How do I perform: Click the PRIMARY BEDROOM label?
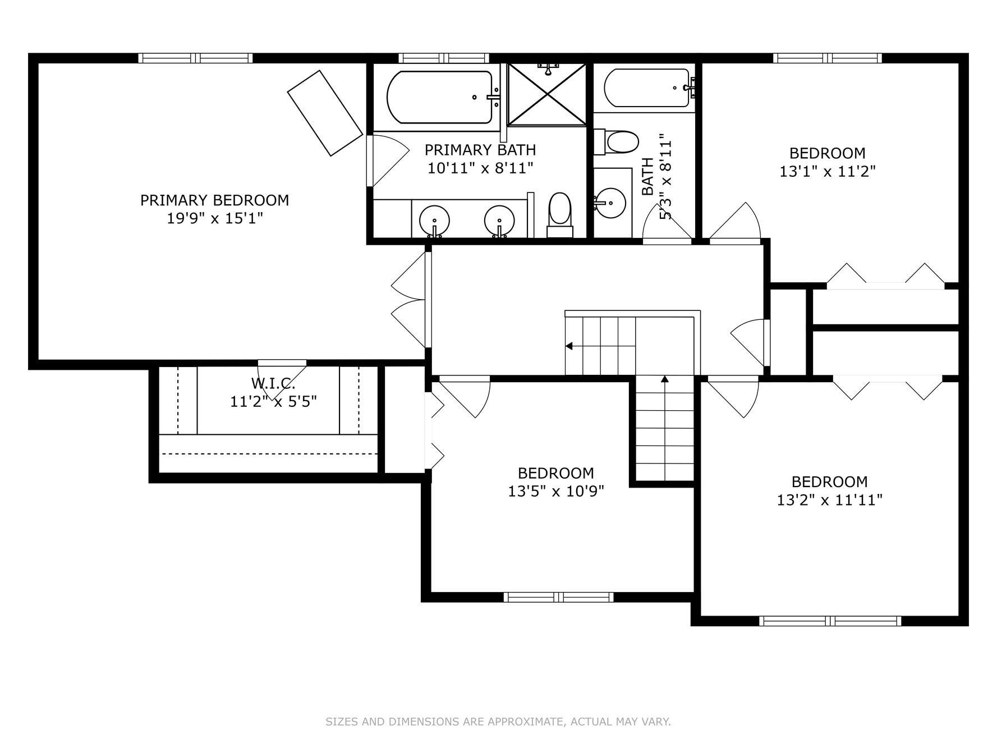coord(214,200)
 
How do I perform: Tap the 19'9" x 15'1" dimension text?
coord(215,218)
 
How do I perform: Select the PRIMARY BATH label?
coord(480,150)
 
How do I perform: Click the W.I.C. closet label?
coord(273,384)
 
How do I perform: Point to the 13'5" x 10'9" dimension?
coord(556,492)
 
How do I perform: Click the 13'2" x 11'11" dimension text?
coord(830,500)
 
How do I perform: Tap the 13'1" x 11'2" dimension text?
coord(828,171)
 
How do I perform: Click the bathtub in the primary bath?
coord(440,97)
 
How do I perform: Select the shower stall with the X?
coord(547,94)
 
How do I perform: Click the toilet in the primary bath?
coord(559,215)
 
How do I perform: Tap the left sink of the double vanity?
coord(435,221)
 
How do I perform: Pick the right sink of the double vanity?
coord(499,221)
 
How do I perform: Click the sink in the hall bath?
coord(610,200)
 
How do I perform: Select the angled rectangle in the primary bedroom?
coord(325,113)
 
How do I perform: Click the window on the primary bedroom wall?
coord(195,58)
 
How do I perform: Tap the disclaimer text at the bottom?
coord(498,722)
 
